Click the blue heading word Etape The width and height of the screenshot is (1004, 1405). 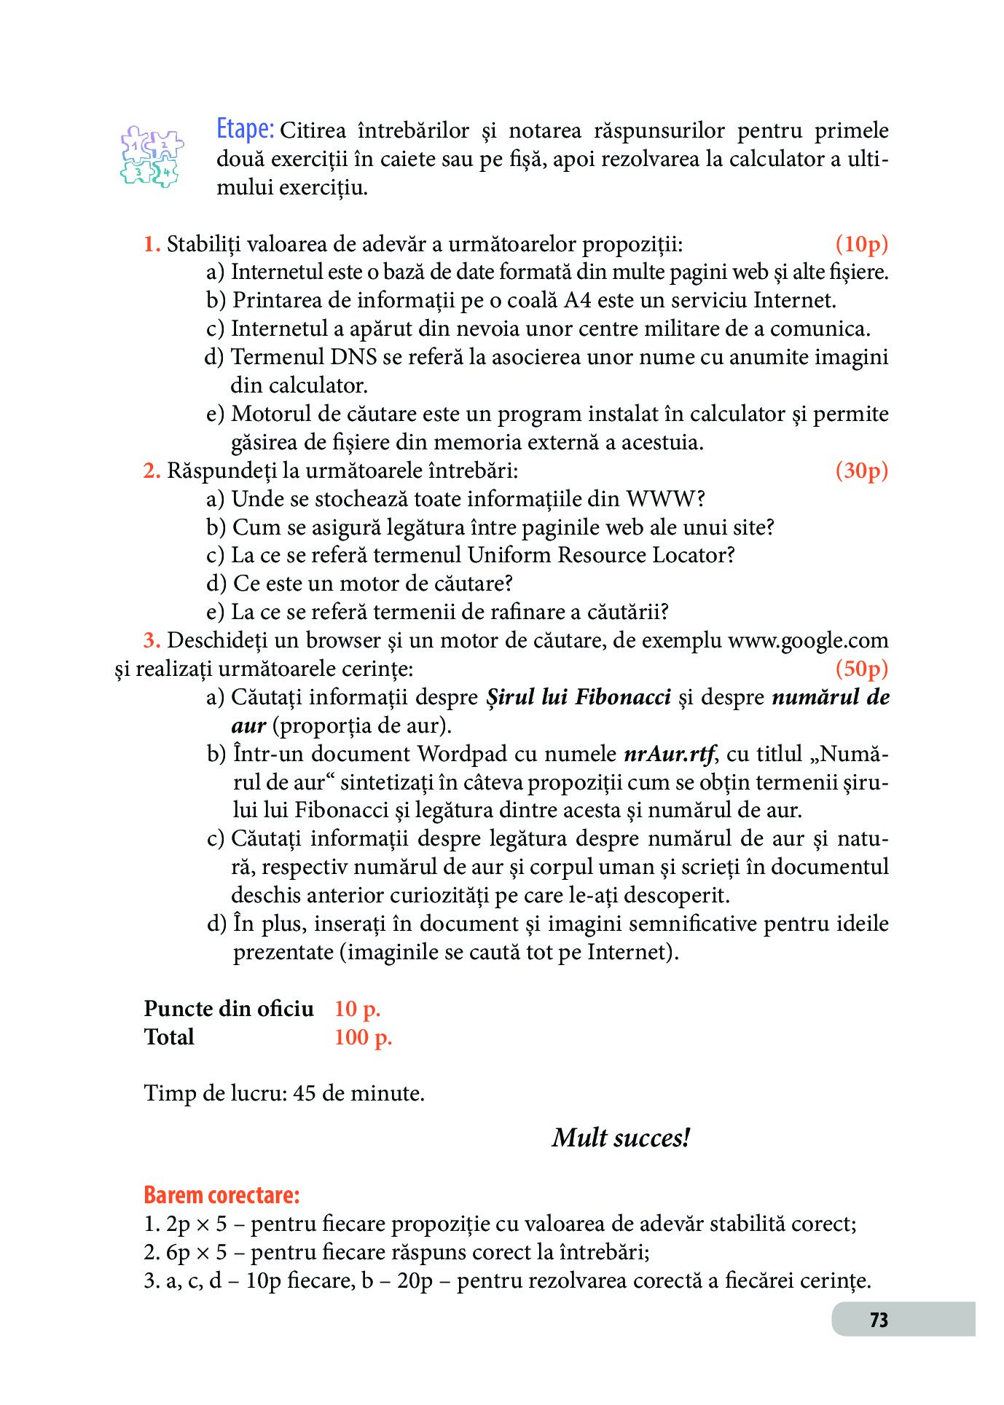[x=245, y=130]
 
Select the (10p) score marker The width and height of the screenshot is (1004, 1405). [x=861, y=244]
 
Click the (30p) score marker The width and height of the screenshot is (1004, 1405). [x=861, y=471]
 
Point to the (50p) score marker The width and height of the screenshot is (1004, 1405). [x=861, y=669]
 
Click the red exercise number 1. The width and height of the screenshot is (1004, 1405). [x=152, y=245]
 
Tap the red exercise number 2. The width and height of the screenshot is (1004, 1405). [x=152, y=471]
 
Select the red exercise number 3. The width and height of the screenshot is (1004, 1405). [x=152, y=641]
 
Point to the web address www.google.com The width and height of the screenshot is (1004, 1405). [x=808, y=641]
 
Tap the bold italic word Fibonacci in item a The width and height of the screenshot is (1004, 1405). [x=623, y=698]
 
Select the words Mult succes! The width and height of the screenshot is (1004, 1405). [x=621, y=1138]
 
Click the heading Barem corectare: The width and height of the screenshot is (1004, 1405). [x=221, y=1195]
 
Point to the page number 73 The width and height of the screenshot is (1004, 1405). [x=879, y=1320]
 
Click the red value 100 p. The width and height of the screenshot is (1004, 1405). [x=363, y=1037]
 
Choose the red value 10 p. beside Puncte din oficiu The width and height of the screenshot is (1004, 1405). [x=357, y=1009]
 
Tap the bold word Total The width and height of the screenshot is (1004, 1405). [x=169, y=1037]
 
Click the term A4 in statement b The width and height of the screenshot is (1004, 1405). [x=577, y=301]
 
